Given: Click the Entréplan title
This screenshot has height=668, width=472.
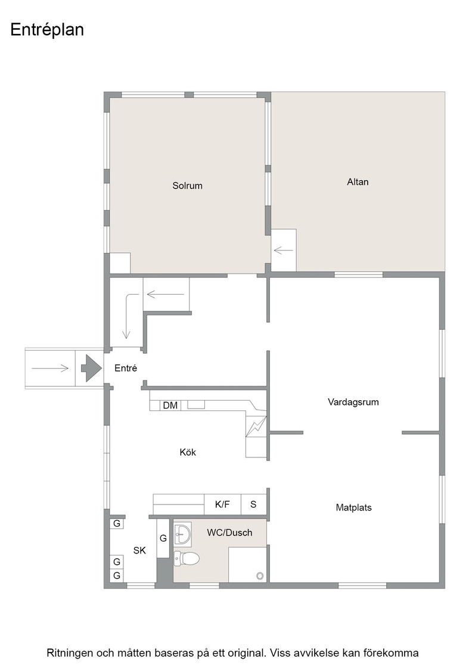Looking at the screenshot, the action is tap(47, 30).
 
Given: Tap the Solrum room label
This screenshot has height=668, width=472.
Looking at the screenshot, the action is tap(187, 185).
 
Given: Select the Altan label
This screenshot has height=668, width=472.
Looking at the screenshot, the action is tap(358, 182).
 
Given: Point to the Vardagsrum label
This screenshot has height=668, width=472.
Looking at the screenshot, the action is tap(353, 402).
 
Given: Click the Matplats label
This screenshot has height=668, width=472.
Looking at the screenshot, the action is tap(353, 508).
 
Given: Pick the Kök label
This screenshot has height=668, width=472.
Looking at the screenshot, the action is tap(188, 452).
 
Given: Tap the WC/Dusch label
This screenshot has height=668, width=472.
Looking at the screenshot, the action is tap(229, 533).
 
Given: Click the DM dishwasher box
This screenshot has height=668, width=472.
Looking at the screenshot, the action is tap(170, 405).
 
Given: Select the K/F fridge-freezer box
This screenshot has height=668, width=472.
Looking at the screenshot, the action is tap(223, 505).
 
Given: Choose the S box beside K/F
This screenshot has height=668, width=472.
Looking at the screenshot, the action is tap(254, 505).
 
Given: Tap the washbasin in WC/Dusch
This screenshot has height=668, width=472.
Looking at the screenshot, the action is tap(182, 533).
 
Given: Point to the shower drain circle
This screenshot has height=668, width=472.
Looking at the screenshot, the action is tap(260, 576).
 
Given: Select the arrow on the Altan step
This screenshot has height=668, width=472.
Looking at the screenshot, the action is tap(284, 250).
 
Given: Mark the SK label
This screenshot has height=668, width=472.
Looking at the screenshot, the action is tap(139, 551).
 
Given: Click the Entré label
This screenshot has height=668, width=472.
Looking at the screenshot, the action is tap(126, 368).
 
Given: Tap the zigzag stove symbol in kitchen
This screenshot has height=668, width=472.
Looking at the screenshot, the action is tap(256, 426).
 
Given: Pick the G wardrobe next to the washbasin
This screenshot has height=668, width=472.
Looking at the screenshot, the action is tap(163, 539).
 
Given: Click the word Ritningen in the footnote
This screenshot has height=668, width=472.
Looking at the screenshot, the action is tap(70, 653).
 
